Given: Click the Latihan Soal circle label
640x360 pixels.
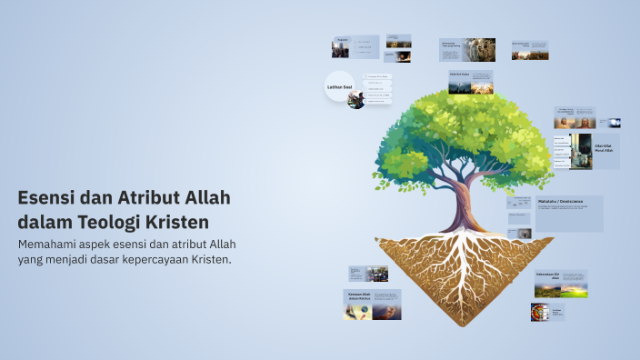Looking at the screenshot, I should [338, 86].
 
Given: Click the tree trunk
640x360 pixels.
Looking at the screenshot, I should [465, 205].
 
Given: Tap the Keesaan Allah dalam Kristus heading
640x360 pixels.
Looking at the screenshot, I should [358, 296].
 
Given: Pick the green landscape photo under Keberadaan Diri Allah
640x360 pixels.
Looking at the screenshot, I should [562, 289].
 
